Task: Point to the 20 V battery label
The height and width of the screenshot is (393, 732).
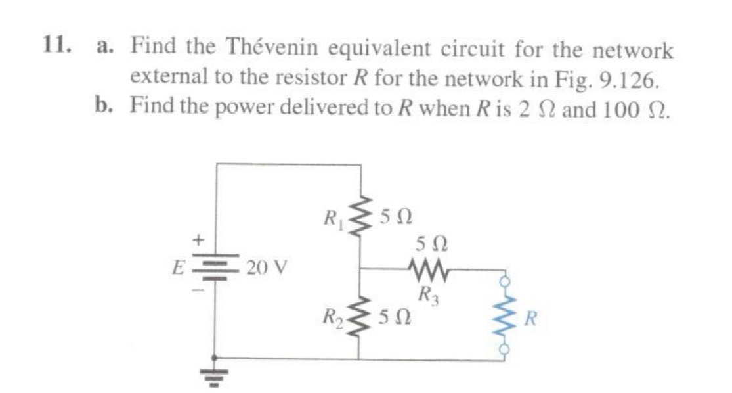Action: click(265, 269)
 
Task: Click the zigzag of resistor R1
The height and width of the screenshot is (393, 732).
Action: click(358, 218)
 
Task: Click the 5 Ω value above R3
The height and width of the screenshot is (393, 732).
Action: click(431, 245)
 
